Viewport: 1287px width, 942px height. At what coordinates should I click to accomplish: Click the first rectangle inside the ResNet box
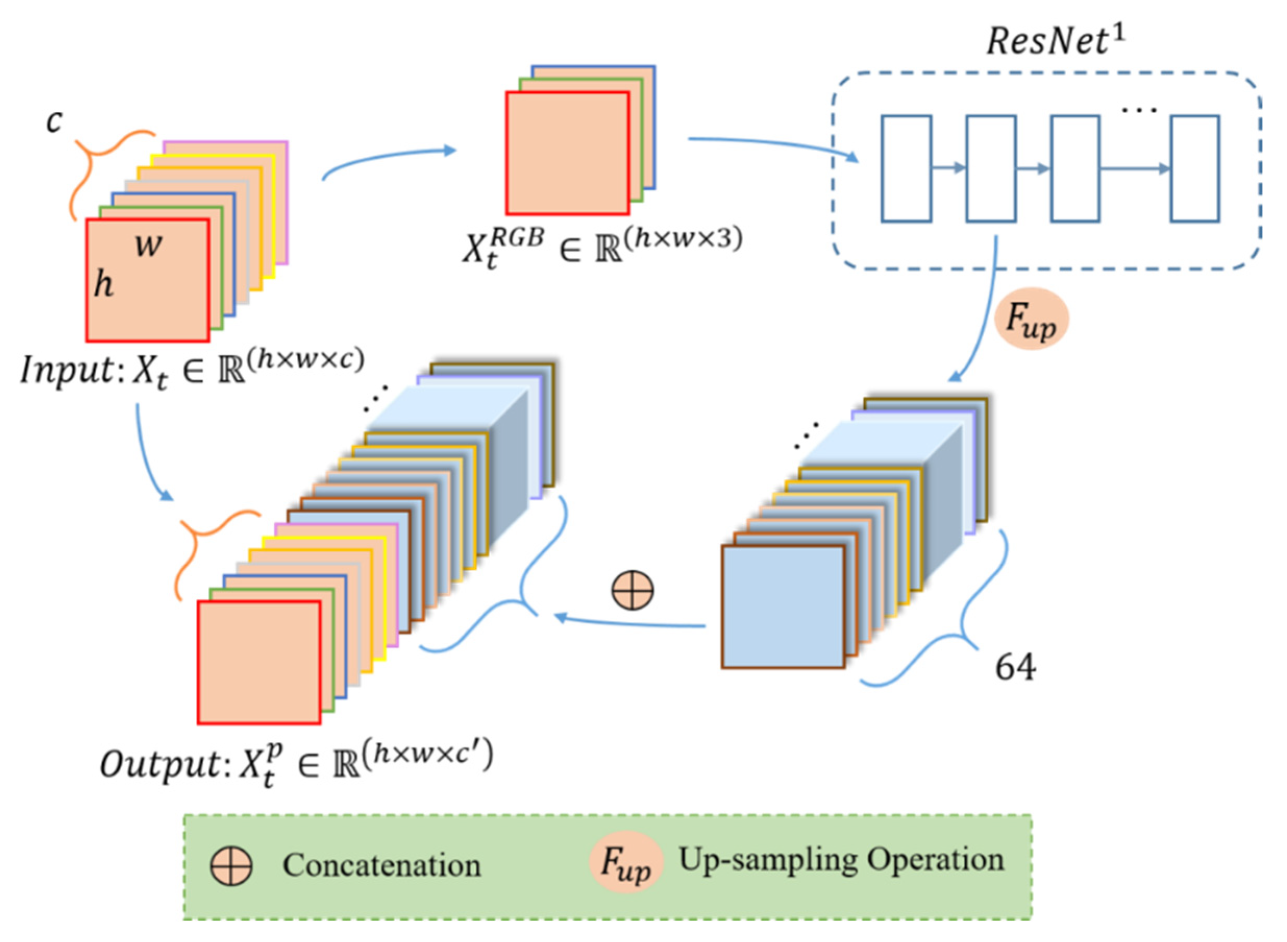[906, 169]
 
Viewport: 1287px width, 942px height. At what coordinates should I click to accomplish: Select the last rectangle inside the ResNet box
[1195, 169]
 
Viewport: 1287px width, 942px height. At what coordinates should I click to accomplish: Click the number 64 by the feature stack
[1015, 666]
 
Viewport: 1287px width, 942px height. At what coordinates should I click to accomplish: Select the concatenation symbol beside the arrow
[632, 590]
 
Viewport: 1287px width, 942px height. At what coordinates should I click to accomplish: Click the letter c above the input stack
[54, 121]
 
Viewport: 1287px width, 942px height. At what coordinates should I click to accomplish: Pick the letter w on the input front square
[148, 246]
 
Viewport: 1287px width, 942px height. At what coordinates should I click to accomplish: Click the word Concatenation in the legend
[381, 865]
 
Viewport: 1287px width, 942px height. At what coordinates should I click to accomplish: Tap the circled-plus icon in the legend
[231, 865]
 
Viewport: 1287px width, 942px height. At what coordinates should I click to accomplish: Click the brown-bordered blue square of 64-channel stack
[783, 606]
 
